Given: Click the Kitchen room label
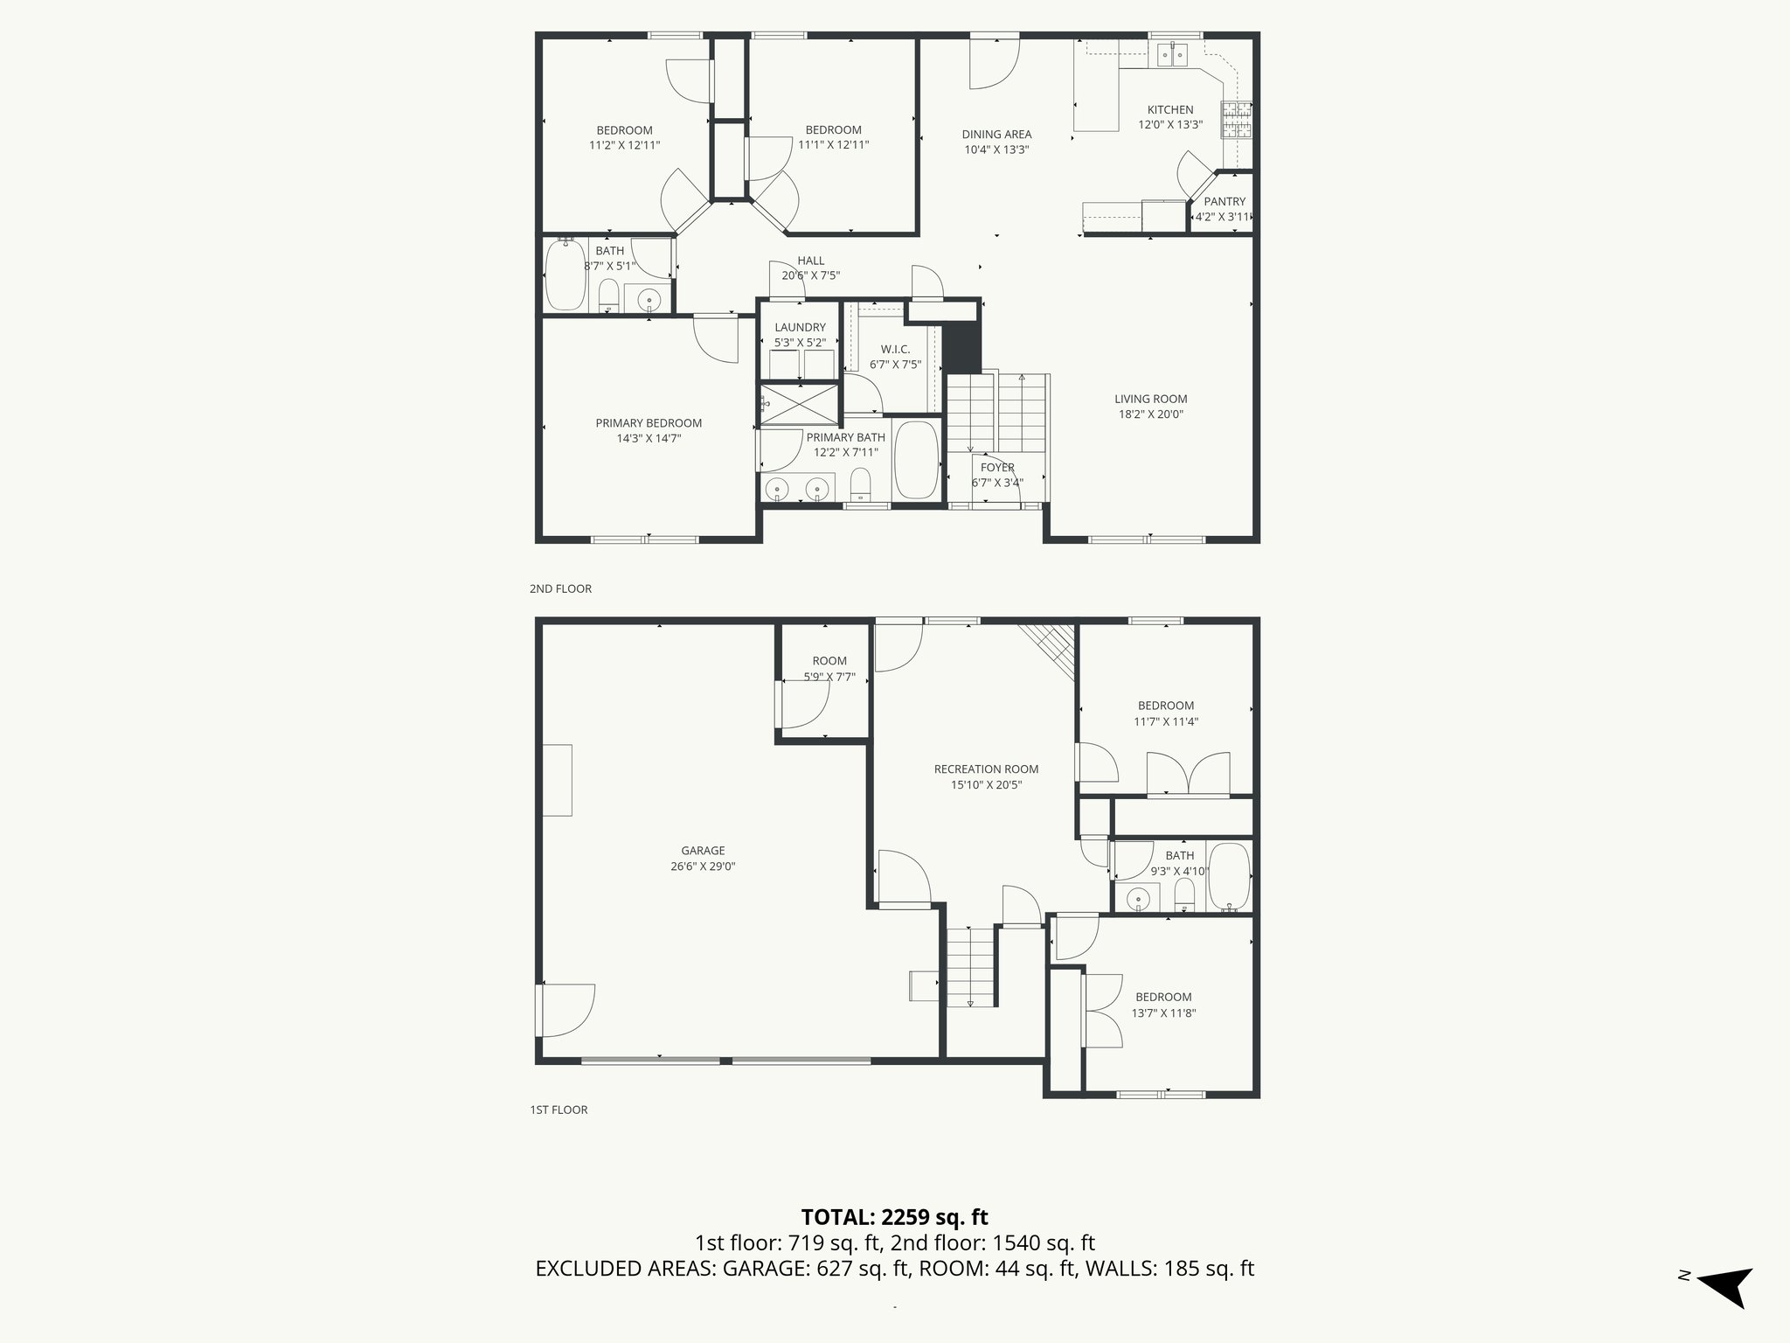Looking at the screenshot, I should click(1169, 110).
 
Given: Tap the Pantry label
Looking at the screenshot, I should click(1224, 202).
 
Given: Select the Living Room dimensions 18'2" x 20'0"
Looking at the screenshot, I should click(1150, 415).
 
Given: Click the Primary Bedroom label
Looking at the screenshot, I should click(649, 423).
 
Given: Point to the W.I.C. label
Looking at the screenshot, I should click(895, 350).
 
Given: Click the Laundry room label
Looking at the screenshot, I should click(799, 328).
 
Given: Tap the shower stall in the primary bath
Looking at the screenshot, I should click(799, 404).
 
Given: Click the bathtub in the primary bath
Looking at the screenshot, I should click(916, 461).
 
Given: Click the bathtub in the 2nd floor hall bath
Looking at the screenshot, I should click(565, 275).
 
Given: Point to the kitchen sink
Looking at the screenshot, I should click(1171, 56).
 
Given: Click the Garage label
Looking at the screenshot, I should click(703, 851).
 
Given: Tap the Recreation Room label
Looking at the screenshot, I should click(986, 769).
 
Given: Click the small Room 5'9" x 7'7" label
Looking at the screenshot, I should click(829, 662).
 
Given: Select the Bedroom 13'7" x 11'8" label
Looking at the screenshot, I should click(1162, 998).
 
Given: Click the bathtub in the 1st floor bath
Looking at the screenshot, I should click(1229, 877).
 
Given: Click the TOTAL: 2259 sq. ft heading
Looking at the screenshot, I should click(894, 1217).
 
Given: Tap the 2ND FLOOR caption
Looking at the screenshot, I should click(560, 589).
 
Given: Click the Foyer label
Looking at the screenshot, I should click(996, 468).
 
